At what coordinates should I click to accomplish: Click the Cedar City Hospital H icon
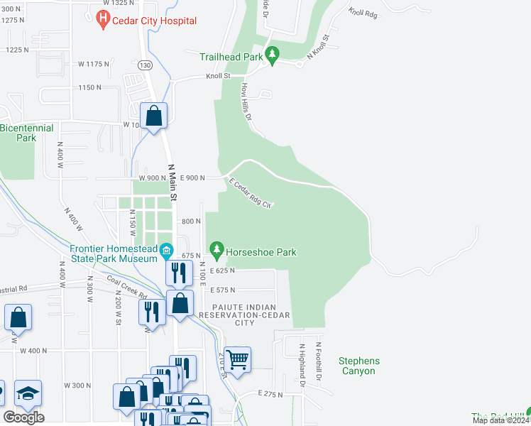(103, 19)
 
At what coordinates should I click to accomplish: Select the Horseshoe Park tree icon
(217, 251)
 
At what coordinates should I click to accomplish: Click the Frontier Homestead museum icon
(166, 251)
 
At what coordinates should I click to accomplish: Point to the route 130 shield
(146, 65)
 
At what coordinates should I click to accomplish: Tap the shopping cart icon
(238, 359)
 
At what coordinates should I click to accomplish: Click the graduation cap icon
(28, 393)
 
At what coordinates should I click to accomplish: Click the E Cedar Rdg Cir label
(250, 193)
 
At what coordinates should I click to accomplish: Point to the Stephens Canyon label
(358, 366)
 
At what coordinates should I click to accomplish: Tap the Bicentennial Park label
(26, 133)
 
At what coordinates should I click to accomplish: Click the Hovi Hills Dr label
(248, 102)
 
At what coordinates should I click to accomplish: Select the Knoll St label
(218, 75)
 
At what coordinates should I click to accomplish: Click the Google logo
(23, 417)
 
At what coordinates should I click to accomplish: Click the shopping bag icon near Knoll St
(153, 115)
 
